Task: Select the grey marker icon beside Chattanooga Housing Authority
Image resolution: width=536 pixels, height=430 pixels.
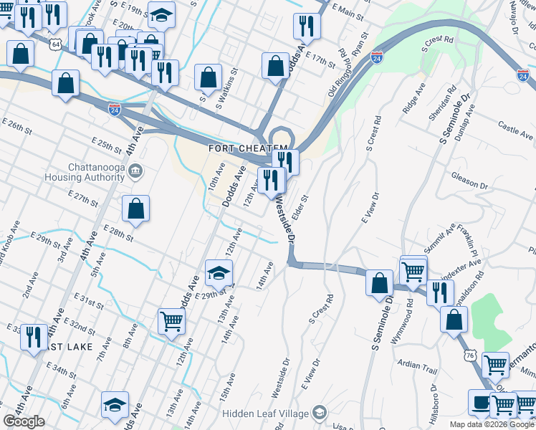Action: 138,171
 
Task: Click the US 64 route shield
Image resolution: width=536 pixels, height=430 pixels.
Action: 56,44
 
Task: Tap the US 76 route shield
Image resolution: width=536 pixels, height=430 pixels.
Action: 470,355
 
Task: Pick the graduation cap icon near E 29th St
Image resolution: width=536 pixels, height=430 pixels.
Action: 219,272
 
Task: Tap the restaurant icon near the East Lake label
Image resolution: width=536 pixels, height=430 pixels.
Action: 34,336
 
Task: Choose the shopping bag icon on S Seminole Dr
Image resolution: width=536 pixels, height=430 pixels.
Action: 379,282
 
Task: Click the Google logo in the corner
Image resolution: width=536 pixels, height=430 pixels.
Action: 24,421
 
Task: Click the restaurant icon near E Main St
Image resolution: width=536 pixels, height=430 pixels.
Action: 307,27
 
